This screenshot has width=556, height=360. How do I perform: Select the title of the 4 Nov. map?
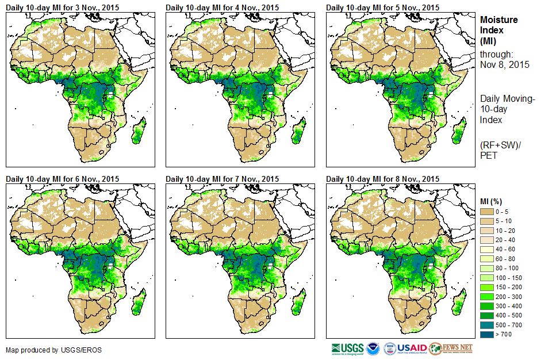pyautogui.click(x=222, y=7)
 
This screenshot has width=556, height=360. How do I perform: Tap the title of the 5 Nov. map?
pyautogui.click(x=382, y=7)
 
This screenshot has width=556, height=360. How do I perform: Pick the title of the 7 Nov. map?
pyautogui.click(x=222, y=179)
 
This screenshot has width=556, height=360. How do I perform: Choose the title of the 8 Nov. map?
pyautogui.click(x=382, y=179)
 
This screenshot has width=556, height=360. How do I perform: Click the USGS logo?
pyautogui.click(x=347, y=348)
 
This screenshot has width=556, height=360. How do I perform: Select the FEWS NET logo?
pyautogui.click(x=451, y=348)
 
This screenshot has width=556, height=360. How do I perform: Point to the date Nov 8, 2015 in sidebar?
pyautogui.click(x=504, y=64)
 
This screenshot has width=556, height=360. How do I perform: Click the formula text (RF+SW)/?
pyautogui.click(x=499, y=144)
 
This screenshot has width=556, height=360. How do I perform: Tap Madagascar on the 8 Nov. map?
pyautogui.click(x=459, y=302)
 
